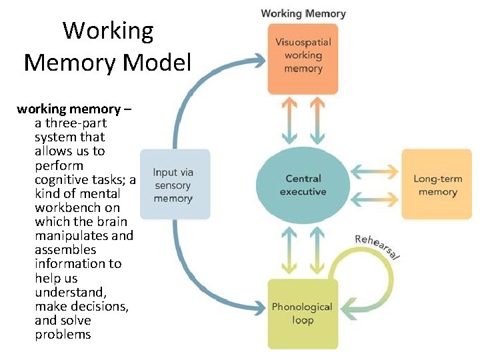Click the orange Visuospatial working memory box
pos(303,59)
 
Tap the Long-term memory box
pos(435,185)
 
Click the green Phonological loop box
pos(302,313)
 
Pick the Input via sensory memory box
pos(173,185)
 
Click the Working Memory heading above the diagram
pos(303,13)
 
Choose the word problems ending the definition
pos(63,335)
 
